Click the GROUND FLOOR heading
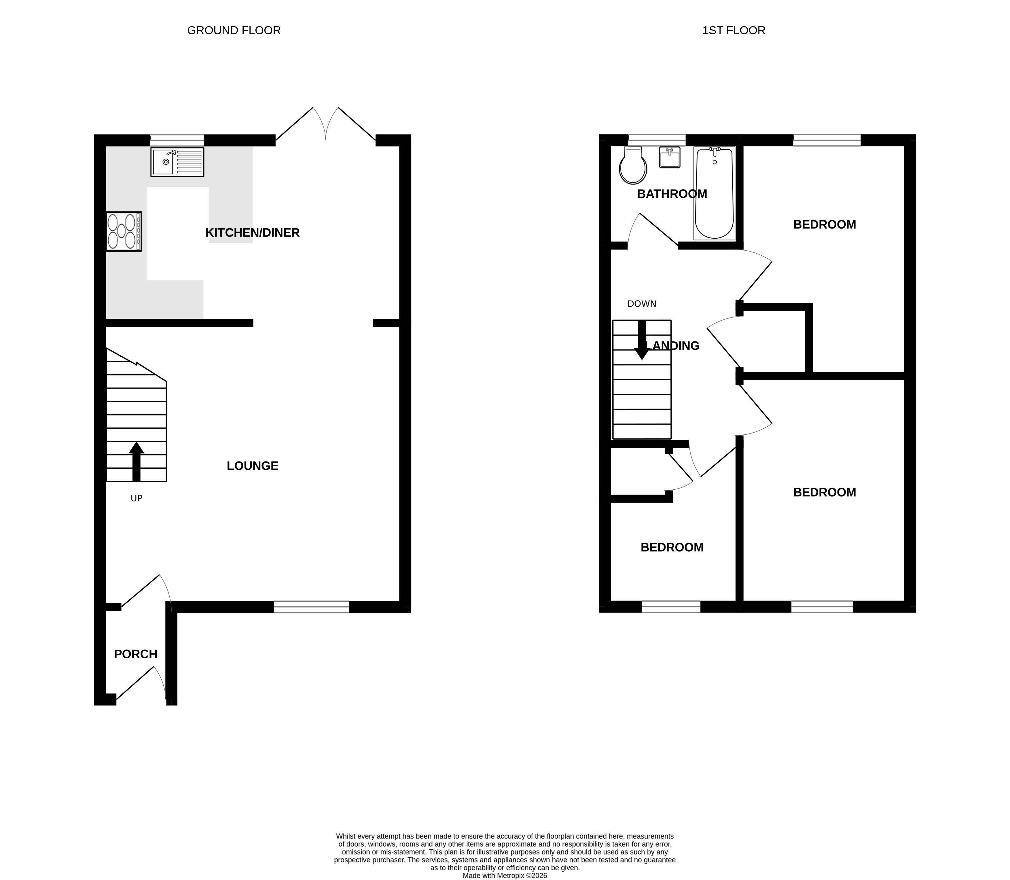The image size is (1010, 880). (x=234, y=31)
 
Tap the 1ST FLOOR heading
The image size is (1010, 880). (x=734, y=31)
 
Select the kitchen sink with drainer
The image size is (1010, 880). (x=177, y=162)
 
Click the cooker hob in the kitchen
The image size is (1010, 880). (x=124, y=231)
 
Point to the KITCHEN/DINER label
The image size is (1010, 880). (x=253, y=233)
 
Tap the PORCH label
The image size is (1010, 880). (x=136, y=654)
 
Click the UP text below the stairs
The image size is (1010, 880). (x=137, y=499)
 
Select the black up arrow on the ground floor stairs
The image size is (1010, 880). (x=137, y=462)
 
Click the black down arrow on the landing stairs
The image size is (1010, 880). (x=642, y=340)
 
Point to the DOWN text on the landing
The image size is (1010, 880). (x=642, y=304)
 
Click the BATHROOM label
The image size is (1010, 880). (x=672, y=194)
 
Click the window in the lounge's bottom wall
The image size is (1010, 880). (x=311, y=607)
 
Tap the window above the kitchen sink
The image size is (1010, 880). (x=177, y=140)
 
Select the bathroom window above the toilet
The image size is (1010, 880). (x=657, y=140)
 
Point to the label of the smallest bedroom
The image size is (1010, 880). (x=672, y=548)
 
